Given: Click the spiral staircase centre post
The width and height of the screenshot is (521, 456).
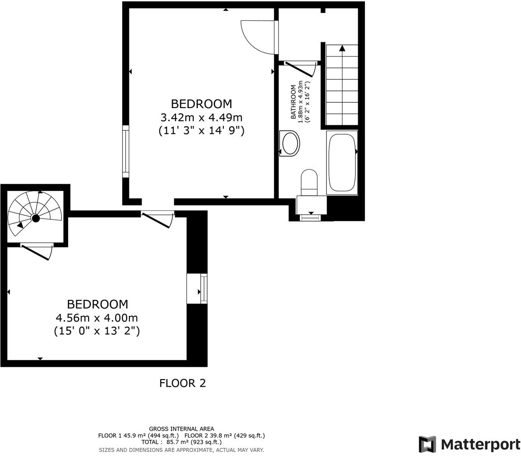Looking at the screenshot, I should tap(35, 218).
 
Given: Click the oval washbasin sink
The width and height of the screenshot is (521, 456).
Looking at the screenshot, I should tap(290, 143).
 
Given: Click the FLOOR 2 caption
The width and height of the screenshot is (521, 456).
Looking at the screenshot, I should tap(182, 383).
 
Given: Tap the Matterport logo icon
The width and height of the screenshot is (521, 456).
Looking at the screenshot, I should tap(427, 444).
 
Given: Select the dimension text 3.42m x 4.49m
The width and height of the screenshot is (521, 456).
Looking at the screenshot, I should tap(201, 118).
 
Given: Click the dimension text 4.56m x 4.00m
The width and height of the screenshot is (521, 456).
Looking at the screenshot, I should tap(97, 318).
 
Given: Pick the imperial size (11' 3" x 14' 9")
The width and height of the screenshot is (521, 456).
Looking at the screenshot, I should tap(201, 131).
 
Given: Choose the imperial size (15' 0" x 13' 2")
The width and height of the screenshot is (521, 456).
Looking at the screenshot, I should tap(97, 331).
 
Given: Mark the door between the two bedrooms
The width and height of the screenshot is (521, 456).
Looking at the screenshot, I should tap(156, 219).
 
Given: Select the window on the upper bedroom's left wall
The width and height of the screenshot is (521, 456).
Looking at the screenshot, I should tap(126, 151).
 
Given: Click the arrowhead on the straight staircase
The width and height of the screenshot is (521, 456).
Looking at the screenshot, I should tap(342, 48).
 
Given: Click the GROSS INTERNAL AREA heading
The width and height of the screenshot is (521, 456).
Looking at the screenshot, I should tap(181, 429).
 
